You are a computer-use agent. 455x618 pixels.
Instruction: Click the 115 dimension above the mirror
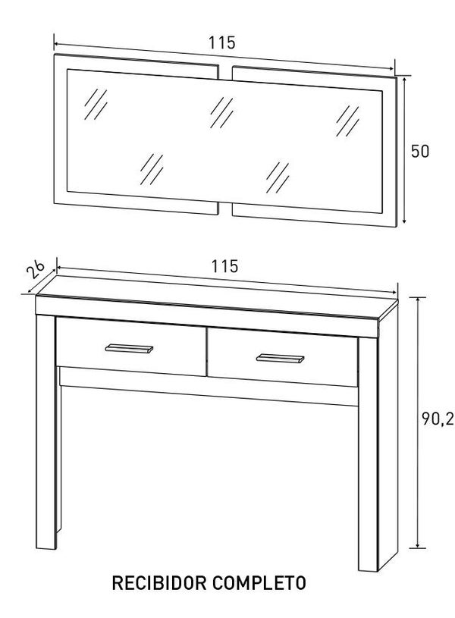(222, 43)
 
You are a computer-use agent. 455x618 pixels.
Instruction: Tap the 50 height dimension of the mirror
(420, 151)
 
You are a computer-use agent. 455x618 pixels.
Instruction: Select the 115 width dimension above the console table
(225, 266)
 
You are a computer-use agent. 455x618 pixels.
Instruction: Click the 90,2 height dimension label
(438, 419)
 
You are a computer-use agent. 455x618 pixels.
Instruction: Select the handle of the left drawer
(129, 348)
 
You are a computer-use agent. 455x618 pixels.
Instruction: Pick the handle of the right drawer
(280, 358)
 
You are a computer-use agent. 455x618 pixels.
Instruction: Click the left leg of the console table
(45, 432)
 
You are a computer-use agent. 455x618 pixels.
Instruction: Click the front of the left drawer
(129, 356)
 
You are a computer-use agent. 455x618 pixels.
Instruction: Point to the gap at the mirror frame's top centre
(225, 72)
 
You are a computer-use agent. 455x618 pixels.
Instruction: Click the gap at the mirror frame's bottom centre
(225, 208)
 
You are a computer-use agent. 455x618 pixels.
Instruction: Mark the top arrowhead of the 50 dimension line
(405, 78)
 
